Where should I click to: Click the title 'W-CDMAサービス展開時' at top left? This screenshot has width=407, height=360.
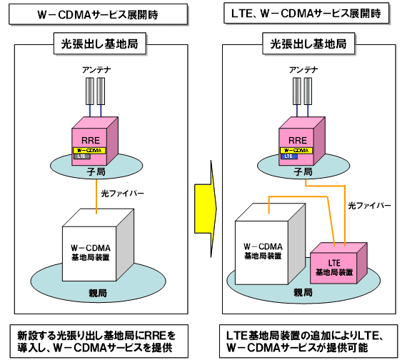tap(99, 15)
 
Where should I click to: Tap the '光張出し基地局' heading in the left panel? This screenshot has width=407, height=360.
tap(99, 43)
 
